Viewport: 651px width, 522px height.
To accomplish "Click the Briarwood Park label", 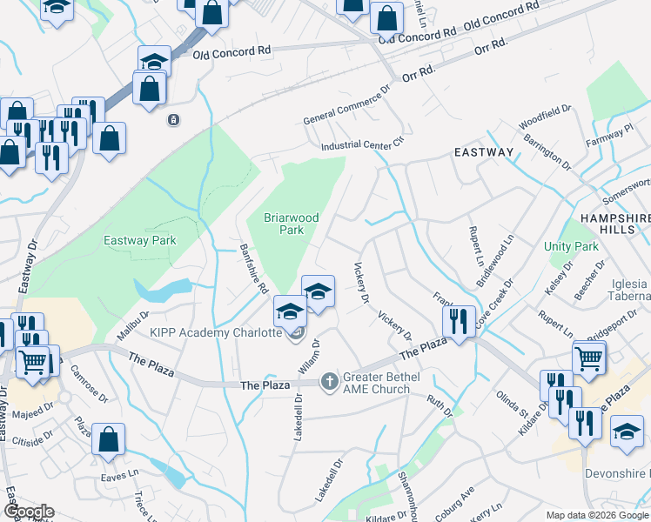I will (292, 224).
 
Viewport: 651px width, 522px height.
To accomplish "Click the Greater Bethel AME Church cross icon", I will (329, 380).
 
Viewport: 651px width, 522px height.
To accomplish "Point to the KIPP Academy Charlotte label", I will (215, 332).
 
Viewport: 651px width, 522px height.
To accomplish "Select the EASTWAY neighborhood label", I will (484, 152).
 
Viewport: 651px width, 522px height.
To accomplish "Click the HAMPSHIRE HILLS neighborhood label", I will (614, 218).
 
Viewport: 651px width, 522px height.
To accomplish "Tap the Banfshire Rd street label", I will (253, 269).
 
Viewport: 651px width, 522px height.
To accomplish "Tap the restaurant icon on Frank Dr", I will (457, 320).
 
